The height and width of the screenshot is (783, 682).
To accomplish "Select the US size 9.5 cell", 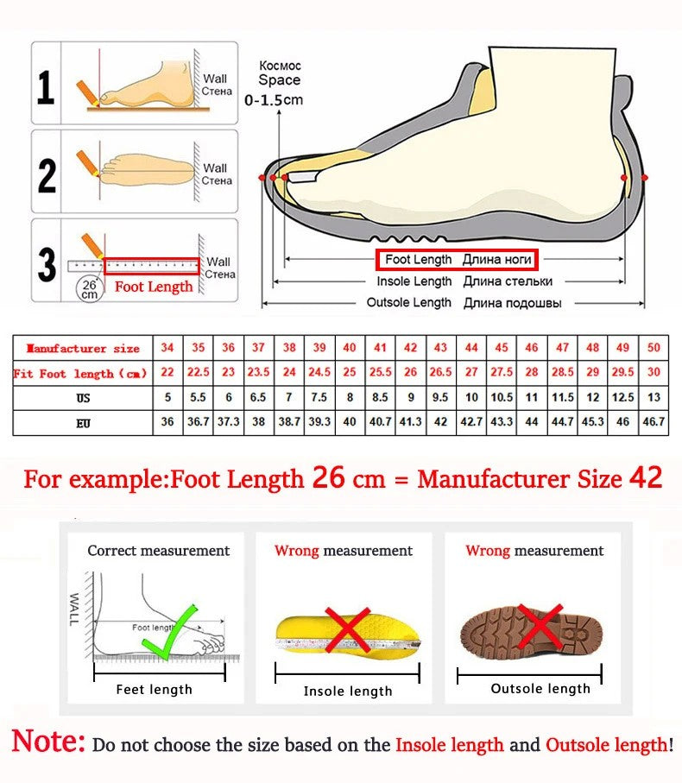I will tap(441, 398).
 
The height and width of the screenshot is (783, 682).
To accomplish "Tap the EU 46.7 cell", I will tap(654, 423).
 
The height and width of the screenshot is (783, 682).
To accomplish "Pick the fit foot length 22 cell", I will tap(167, 373).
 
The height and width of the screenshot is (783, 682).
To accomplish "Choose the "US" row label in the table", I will tap(83, 399).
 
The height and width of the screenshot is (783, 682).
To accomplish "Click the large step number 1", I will tap(46, 87).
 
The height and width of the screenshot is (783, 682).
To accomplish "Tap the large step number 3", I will tap(47, 264).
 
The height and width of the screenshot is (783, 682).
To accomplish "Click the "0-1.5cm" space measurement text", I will tap(274, 100).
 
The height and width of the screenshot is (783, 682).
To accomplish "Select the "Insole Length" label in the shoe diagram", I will tap(414, 281).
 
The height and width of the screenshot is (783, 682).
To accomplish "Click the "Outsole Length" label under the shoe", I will tap(409, 303).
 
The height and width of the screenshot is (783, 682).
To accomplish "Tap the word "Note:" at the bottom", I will tap(48, 742).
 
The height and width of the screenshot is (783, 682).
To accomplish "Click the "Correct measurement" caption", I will tap(159, 551).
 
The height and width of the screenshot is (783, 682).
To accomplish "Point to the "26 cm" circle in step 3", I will tap(89, 288).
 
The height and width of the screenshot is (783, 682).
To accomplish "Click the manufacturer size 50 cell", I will tap(654, 348).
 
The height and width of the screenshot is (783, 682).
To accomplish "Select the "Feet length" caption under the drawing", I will tap(155, 690).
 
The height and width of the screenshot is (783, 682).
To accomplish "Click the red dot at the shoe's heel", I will tap(624, 177).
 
